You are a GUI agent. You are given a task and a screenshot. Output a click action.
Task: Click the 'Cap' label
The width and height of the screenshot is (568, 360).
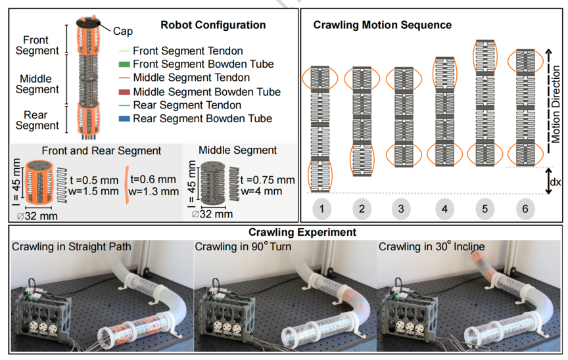click(x=123, y=32)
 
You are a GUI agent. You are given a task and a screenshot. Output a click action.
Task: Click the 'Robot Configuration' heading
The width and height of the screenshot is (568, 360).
click(x=213, y=25)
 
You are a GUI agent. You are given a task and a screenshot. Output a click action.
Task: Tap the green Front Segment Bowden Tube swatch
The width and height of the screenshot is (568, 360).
click(x=124, y=64)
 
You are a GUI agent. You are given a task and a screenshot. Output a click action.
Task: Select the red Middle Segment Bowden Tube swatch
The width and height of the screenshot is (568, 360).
click(x=124, y=92)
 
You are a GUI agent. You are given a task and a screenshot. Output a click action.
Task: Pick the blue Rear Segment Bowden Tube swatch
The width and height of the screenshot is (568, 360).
click(x=124, y=119)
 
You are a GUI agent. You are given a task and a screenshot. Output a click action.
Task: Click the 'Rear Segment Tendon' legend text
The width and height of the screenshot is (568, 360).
click(x=187, y=105)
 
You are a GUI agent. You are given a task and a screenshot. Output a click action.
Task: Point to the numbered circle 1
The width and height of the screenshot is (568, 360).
click(x=321, y=208)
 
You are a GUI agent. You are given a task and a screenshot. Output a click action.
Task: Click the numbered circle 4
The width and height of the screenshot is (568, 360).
click(x=444, y=209)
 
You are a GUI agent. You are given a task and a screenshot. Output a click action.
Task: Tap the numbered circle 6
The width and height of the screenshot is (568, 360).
click(x=525, y=209)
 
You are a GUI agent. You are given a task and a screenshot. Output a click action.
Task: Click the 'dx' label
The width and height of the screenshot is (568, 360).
click(x=556, y=181)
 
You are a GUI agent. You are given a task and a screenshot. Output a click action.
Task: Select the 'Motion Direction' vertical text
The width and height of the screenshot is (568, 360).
click(x=556, y=104)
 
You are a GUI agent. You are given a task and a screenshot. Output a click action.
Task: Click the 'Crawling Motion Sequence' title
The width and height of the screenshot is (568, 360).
click(x=382, y=25)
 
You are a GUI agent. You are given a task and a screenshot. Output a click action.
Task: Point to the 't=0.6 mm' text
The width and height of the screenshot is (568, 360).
click(x=153, y=179)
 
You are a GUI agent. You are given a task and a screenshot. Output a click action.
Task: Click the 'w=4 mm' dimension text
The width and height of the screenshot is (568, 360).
click(x=262, y=191)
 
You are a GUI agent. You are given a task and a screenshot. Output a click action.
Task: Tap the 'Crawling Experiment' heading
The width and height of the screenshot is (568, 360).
click(x=302, y=233)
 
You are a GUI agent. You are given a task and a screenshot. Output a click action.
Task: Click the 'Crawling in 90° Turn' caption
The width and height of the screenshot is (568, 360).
click(x=243, y=246)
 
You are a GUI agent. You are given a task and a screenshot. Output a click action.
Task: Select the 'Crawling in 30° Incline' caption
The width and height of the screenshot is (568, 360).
click(x=431, y=246)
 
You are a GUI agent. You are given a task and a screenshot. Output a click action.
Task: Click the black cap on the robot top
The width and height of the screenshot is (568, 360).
click(x=88, y=23)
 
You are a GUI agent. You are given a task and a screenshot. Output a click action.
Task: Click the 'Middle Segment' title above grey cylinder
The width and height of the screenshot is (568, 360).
click(x=237, y=150)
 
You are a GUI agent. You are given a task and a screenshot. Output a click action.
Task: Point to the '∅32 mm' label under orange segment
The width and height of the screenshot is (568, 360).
click(x=37, y=216)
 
